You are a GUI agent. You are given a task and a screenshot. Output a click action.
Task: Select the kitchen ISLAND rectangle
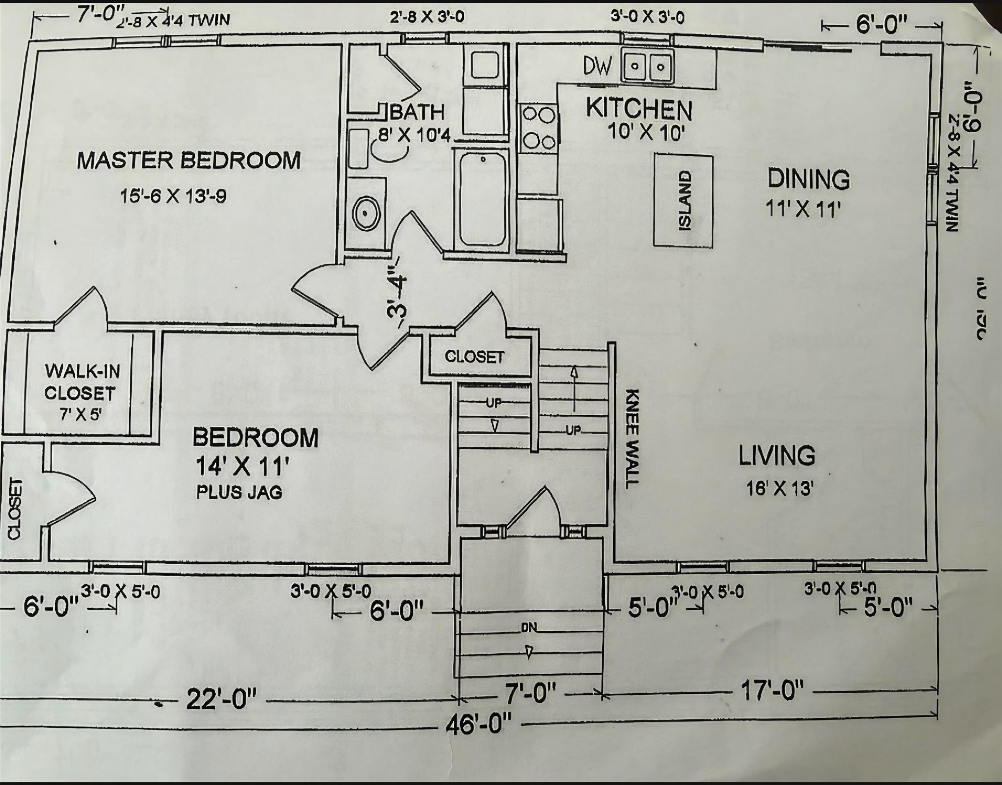(683, 201)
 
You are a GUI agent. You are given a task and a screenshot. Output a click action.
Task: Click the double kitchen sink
(648, 67)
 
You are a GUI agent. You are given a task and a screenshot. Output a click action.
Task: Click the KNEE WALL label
(632, 438)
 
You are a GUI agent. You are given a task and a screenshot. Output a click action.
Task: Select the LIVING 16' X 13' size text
(780, 489)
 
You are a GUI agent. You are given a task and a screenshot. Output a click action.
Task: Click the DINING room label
(808, 179)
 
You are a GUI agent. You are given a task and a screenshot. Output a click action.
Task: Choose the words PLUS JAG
(239, 492)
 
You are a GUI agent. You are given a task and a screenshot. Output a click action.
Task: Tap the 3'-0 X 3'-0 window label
(647, 17)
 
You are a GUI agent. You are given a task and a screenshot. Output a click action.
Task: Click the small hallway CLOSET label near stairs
(474, 356)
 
